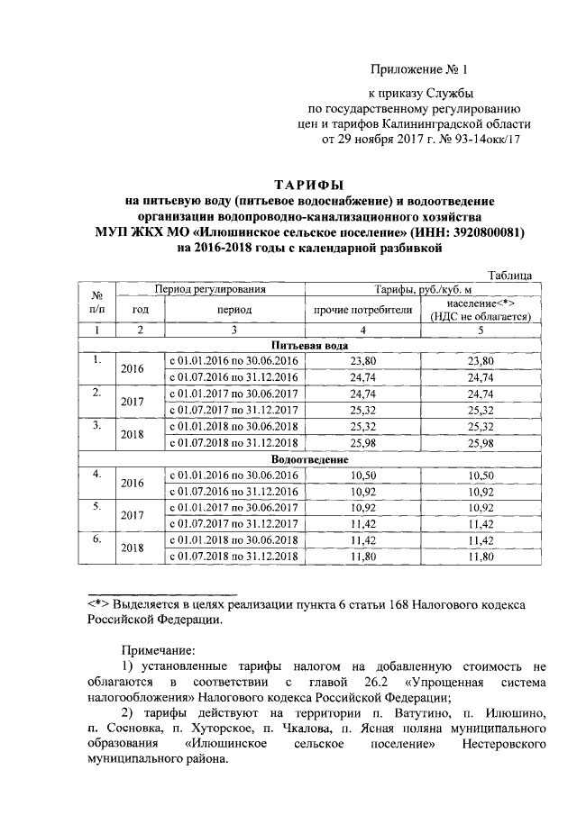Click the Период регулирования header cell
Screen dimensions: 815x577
pyautogui.click(x=210, y=289)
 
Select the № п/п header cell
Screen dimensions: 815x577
pyautogui.click(x=96, y=303)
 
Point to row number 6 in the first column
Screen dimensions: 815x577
pyautogui.click(x=96, y=539)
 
